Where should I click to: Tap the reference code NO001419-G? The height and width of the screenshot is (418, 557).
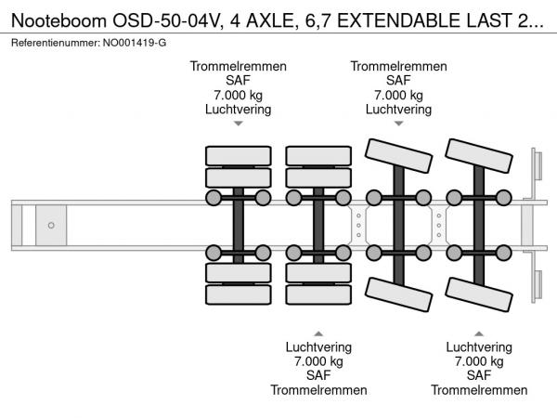coord(136,44)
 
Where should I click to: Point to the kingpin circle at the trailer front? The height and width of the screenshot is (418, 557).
coord(51,225)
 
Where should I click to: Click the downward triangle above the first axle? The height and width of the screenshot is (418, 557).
coord(239,123)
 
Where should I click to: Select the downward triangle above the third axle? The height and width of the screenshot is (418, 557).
coord(398,123)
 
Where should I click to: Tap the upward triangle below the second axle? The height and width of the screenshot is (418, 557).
coord(318,332)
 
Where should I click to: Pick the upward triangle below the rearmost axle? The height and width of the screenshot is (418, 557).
coord(478,332)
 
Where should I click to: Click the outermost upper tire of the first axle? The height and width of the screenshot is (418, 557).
coord(239,154)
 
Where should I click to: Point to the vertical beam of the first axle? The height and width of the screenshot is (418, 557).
coord(239,226)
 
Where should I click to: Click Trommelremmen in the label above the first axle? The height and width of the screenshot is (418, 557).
coord(239,66)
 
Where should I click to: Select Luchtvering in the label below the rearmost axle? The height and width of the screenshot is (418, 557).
coord(478,346)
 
